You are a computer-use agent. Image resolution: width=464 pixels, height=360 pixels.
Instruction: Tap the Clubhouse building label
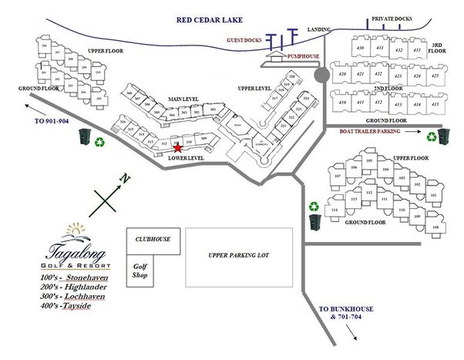point(148,239)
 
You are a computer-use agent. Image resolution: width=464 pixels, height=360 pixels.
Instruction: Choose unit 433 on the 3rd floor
point(418,50)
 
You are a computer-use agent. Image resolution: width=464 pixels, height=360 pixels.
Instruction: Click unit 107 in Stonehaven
point(338,177)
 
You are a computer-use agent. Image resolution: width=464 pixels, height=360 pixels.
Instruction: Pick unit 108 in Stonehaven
point(435,227)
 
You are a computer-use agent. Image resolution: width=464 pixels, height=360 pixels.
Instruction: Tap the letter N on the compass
point(123,180)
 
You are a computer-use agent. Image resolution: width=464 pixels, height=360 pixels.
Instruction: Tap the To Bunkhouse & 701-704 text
point(346,311)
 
